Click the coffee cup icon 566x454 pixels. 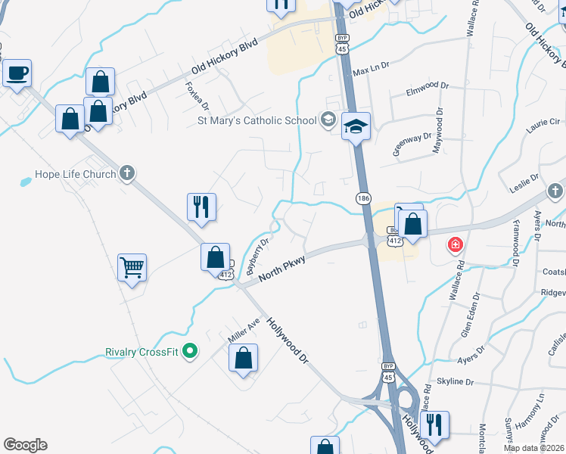coord(17,73)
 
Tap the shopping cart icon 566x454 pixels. coord(132,267)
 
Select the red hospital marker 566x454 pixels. coord(455,244)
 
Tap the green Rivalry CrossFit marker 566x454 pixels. coord(191,352)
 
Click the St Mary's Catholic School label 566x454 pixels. coord(257,120)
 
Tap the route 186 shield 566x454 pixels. coord(363,197)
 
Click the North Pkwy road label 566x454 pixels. coord(281,269)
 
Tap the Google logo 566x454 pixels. coord(25,445)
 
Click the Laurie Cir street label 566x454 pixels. coord(543,121)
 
